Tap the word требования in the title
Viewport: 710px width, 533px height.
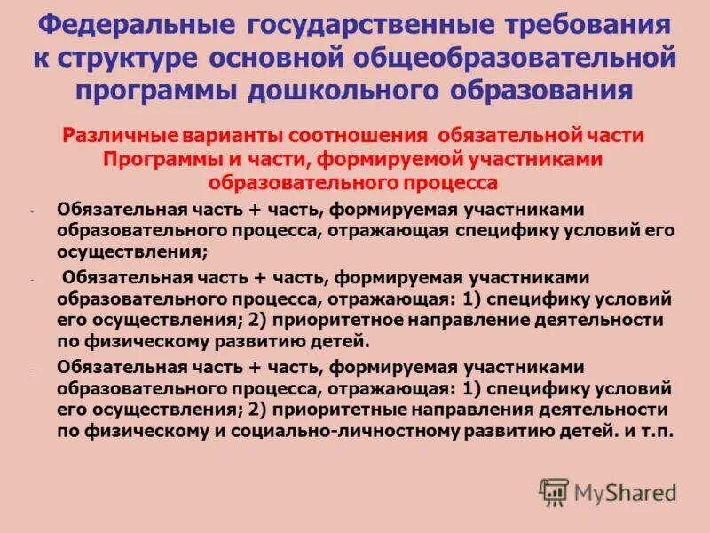pos(587,24)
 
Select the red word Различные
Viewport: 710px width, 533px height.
pos(120,137)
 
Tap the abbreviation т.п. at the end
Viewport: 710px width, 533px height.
pos(658,433)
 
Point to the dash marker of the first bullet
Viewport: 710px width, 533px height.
pos(31,211)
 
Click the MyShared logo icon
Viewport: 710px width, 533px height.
pos(555,492)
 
